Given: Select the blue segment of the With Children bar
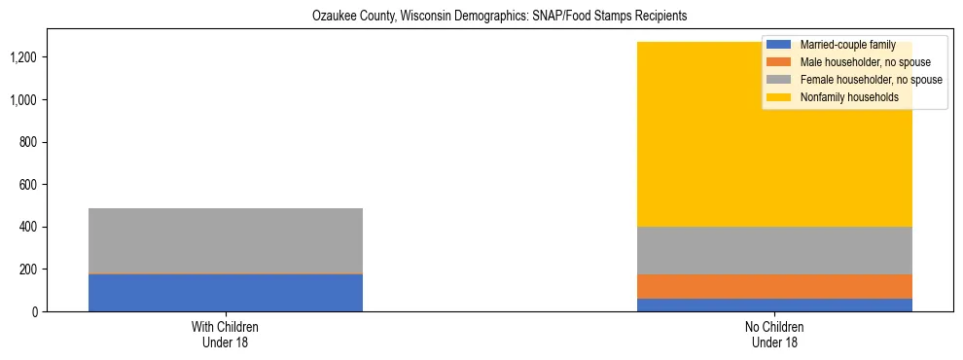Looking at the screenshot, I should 226,293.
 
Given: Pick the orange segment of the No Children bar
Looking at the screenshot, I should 775,286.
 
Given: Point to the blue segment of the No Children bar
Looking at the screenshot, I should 775,305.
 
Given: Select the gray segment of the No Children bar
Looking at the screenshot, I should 775,250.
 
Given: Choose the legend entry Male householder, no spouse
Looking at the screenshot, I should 863,62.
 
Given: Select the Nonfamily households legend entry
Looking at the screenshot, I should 849,97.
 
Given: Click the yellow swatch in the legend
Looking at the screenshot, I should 779,97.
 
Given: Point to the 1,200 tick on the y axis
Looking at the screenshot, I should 51,57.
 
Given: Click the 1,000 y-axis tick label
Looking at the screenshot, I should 51,100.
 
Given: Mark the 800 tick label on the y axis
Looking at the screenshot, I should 56,142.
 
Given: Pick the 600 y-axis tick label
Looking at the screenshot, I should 56,185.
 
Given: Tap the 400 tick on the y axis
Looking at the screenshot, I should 56,227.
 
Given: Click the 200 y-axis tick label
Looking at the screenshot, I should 56,270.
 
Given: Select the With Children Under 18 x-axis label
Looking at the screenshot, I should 226,335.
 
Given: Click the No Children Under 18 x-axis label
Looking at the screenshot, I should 775,335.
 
